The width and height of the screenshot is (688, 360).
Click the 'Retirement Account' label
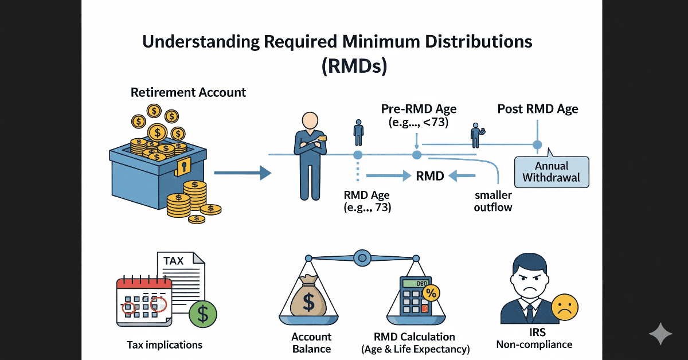(188, 92)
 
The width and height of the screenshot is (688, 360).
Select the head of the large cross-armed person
(310, 120)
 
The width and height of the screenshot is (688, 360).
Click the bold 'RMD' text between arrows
(430, 176)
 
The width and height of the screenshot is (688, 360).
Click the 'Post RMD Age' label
(537, 109)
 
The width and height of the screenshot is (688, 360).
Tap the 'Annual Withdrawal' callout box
(552, 171)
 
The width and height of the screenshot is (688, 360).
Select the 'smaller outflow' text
(492, 201)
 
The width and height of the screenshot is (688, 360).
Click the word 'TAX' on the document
(174, 261)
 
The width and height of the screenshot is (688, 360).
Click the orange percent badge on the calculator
(431, 293)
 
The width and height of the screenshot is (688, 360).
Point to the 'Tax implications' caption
(165, 345)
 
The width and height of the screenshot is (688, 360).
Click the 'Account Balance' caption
(311, 342)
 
